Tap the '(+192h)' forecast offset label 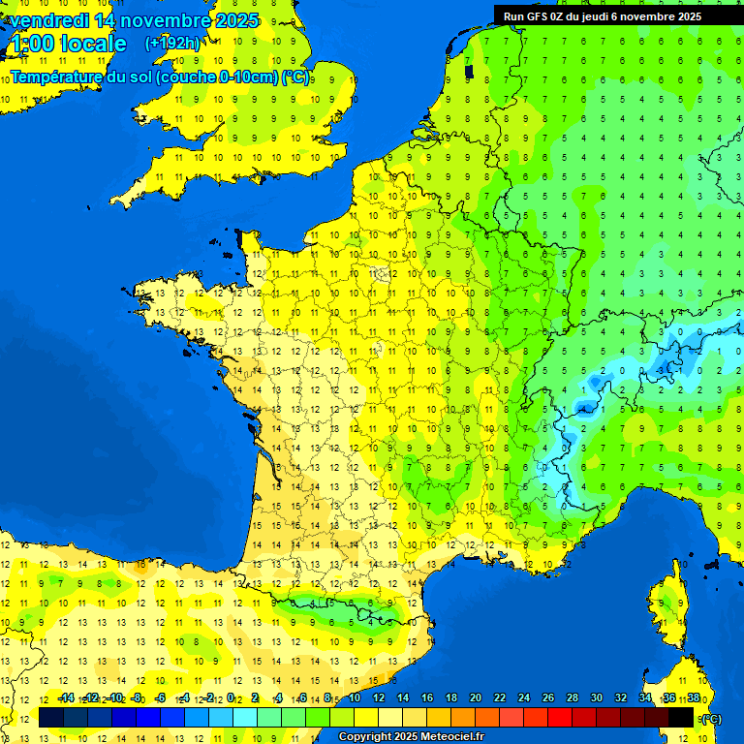pyautogui.click(x=172, y=43)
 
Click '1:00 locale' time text pyautogui.click(x=69, y=44)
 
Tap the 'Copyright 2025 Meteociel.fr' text pyautogui.click(x=410, y=736)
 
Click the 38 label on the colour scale pyautogui.click(x=693, y=697)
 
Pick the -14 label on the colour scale pyautogui.click(x=66, y=697)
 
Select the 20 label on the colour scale pyautogui.click(x=475, y=697)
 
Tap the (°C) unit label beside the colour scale pyautogui.click(x=712, y=718)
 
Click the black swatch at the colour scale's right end pyautogui.click(x=681, y=717)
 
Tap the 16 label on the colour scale pyautogui.click(x=426, y=697)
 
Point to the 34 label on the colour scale pyautogui.click(x=644, y=697)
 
